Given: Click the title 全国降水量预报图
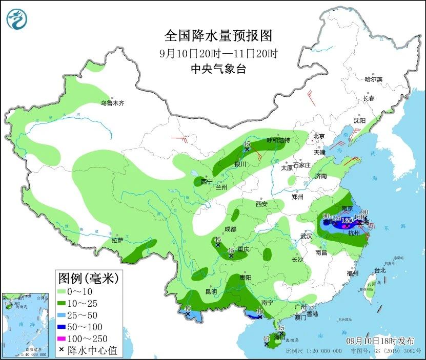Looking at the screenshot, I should pos(218,36).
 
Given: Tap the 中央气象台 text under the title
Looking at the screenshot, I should pos(218,69).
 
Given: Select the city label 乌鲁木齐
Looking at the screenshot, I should pos(112,103).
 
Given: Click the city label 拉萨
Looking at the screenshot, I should pos(117,240).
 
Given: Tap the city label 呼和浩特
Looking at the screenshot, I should pos(278,140).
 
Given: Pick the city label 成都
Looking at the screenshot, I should pos(230,229).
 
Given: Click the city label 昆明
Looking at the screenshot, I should pos(211,291).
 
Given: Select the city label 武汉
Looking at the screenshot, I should pos(307,237).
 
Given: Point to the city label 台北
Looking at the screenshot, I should pos(379,270).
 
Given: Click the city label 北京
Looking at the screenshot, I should pos(319,136).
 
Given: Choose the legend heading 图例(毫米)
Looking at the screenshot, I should pos(88,279).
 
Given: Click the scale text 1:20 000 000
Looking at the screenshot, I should pos(321,351).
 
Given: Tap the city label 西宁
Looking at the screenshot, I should pos(206,182).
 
